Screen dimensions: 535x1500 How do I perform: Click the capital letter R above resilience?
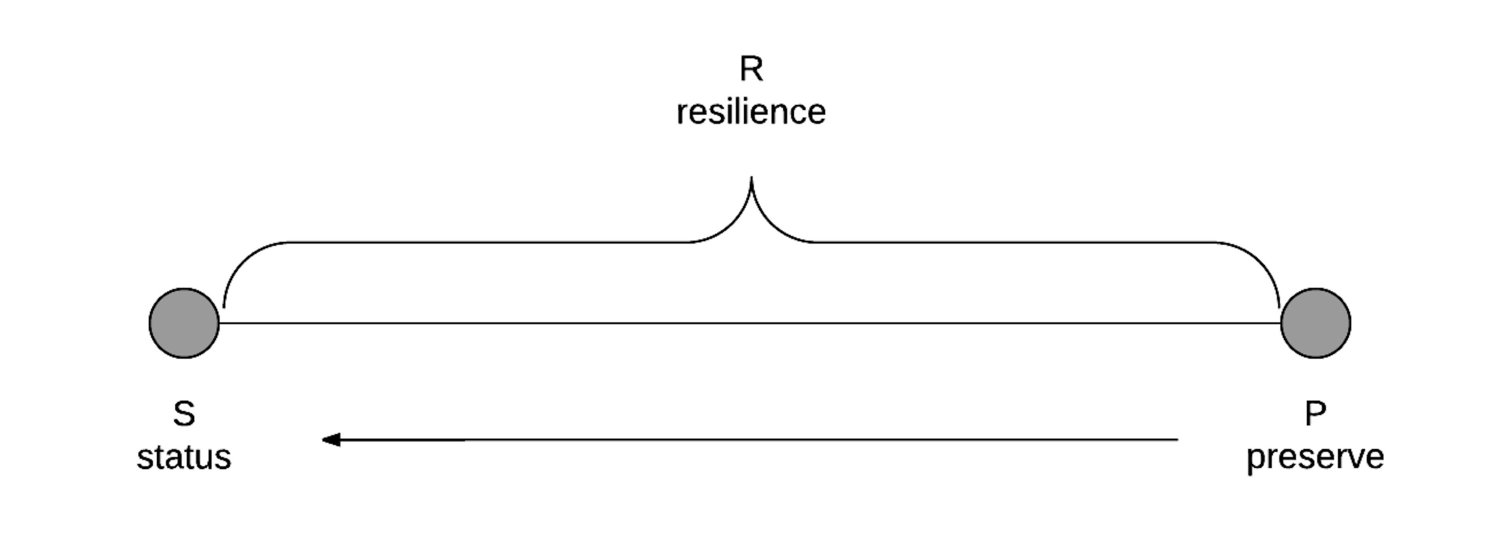(x=751, y=69)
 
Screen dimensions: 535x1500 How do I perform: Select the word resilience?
(x=751, y=112)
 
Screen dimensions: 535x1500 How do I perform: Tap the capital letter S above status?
(x=184, y=414)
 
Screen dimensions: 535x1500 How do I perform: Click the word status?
(x=184, y=458)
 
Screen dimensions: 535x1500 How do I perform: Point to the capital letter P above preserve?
(x=1315, y=414)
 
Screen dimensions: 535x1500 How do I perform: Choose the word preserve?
(x=1315, y=458)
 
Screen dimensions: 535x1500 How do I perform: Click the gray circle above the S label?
(x=184, y=323)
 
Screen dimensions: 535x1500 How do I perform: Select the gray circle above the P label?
(x=1315, y=323)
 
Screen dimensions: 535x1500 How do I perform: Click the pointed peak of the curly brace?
(x=751, y=178)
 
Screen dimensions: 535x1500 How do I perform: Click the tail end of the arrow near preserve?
(x=1176, y=440)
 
